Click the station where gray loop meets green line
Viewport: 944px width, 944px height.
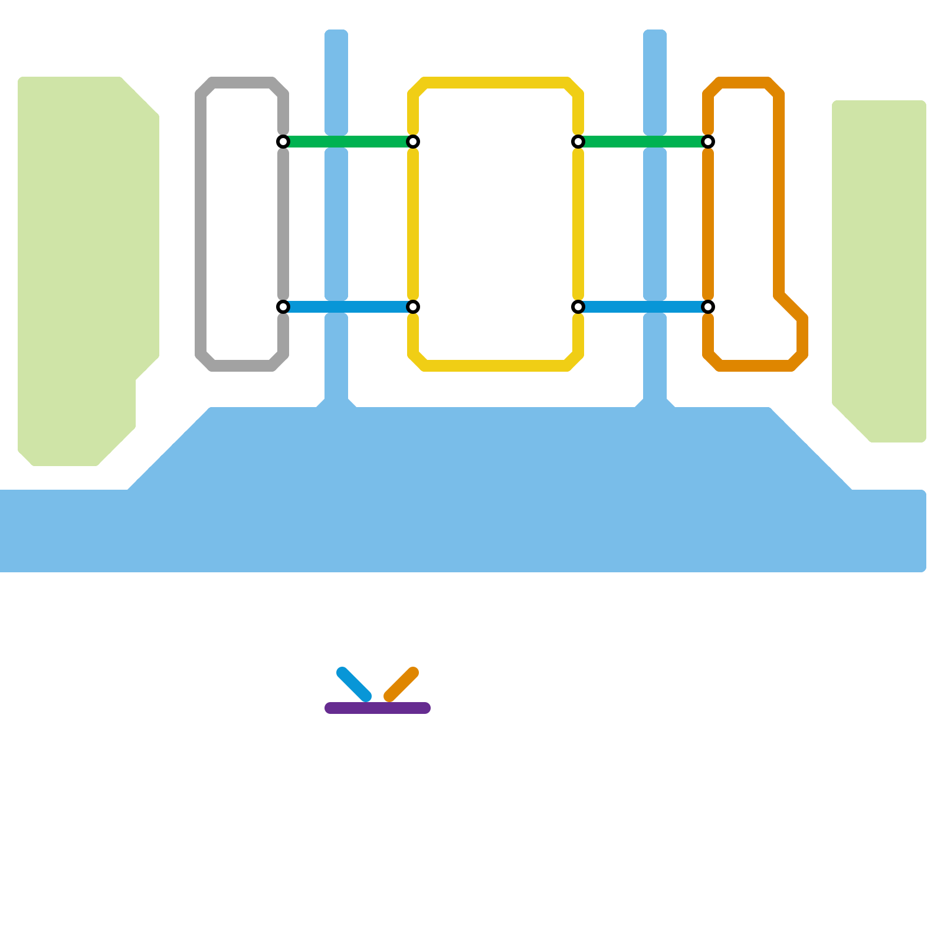coord(283,142)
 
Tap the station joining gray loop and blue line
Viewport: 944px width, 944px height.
coord(283,307)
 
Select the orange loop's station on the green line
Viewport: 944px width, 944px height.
coord(708,142)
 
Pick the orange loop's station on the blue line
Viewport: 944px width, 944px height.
coord(708,307)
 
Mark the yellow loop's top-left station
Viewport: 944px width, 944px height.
coord(413,142)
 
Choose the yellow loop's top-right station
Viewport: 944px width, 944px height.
coord(578,142)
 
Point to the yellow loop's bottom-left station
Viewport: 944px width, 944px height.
coord(413,307)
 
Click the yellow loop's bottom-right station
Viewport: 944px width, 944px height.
coord(578,307)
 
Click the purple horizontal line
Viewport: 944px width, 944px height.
coord(378,708)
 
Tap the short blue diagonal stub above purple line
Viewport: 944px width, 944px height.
coord(354,684)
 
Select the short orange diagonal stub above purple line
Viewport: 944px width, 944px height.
coord(401,684)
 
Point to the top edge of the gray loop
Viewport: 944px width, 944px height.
coord(242,83)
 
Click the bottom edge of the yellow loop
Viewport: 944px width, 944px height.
coord(496,366)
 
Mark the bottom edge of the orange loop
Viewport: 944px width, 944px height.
coord(755,366)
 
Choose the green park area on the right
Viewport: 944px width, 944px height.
coord(879,265)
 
